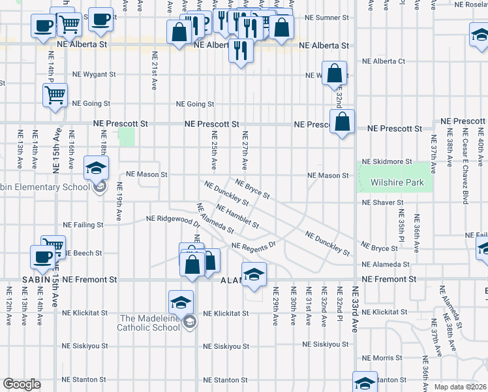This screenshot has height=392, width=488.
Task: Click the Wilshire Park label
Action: click(x=397, y=184)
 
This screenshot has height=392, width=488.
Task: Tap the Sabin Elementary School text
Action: click(x=46, y=188)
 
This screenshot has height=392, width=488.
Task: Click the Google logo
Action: click(x=22, y=384)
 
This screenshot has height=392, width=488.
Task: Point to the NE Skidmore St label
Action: click(x=388, y=161)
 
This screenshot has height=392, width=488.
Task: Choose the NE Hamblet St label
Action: click(x=237, y=217)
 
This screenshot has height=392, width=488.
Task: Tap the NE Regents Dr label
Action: click(x=254, y=245)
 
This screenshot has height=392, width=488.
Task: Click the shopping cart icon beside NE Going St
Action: click(x=55, y=94)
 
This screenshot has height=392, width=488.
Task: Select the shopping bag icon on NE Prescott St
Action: click(x=342, y=121)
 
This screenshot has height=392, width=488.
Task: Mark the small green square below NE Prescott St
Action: click(x=126, y=137)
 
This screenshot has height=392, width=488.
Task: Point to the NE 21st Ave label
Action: click(x=155, y=71)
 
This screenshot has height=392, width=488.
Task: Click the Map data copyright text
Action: click(x=460, y=386)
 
